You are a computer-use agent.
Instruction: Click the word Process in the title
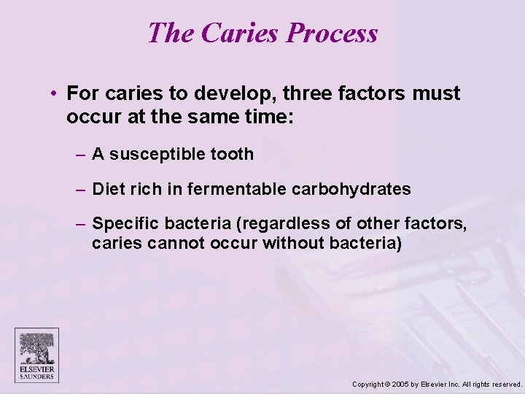(332, 34)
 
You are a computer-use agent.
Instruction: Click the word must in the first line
(436, 93)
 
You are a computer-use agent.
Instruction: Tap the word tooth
(232, 154)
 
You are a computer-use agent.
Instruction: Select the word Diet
(109, 189)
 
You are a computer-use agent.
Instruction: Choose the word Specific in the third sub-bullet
(122, 223)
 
